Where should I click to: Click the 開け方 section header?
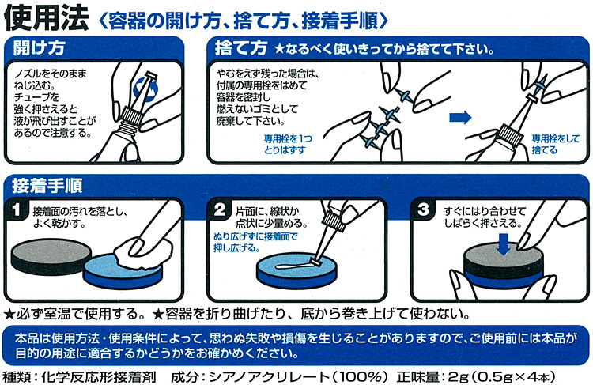point(39,48)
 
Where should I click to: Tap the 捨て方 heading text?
point(241,48)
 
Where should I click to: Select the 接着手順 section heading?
point(47,186)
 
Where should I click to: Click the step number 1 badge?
point(17,210)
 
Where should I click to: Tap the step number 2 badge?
point(220,210)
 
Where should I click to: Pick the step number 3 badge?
point(423,210)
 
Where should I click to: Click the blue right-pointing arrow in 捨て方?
point(460,117)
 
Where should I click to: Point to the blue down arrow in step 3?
point(504,244)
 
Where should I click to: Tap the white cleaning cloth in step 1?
point(142,251)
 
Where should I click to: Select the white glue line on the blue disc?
point(294,266)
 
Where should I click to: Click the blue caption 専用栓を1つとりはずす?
point(288,145)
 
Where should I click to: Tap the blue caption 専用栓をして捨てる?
point(556,145)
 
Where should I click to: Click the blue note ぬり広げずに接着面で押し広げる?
point(255,243)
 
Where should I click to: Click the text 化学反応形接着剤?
point(99,377)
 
